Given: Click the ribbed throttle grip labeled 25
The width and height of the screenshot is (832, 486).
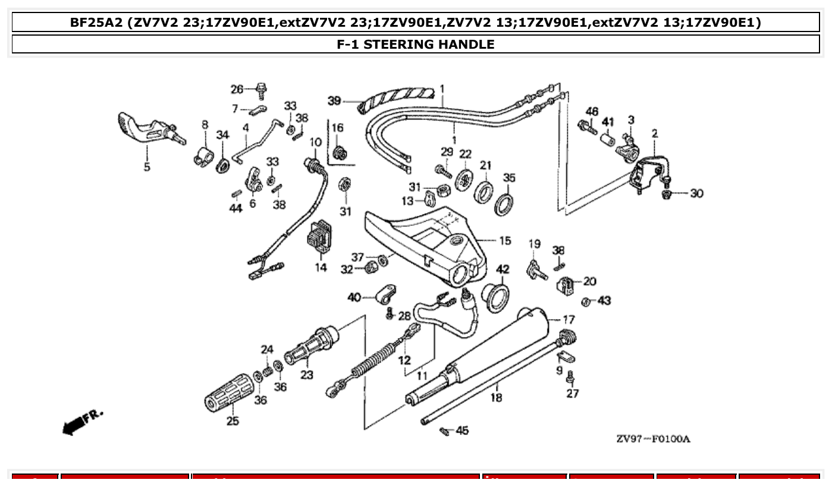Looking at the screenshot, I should (230, 393).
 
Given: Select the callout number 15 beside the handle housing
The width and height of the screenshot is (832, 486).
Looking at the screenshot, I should (504, 241).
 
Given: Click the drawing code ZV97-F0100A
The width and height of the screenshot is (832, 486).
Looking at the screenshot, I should (653, 439).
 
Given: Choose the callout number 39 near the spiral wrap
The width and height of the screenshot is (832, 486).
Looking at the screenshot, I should (334, 101).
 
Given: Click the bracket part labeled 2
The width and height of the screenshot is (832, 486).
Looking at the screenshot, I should (648, 172).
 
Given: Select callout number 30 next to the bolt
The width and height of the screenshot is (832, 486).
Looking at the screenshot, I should (696, 194).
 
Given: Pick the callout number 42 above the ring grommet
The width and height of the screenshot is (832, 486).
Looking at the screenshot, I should (503, 269).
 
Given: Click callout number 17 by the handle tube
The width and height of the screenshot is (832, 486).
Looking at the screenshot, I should (569, 320).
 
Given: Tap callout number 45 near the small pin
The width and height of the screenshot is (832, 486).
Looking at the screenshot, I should (462, 430).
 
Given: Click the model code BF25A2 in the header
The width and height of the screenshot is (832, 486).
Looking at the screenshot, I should (95, 23).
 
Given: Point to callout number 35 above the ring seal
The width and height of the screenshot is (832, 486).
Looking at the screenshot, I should (509, 177).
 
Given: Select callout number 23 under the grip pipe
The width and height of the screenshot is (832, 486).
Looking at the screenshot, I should (306, 374).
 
